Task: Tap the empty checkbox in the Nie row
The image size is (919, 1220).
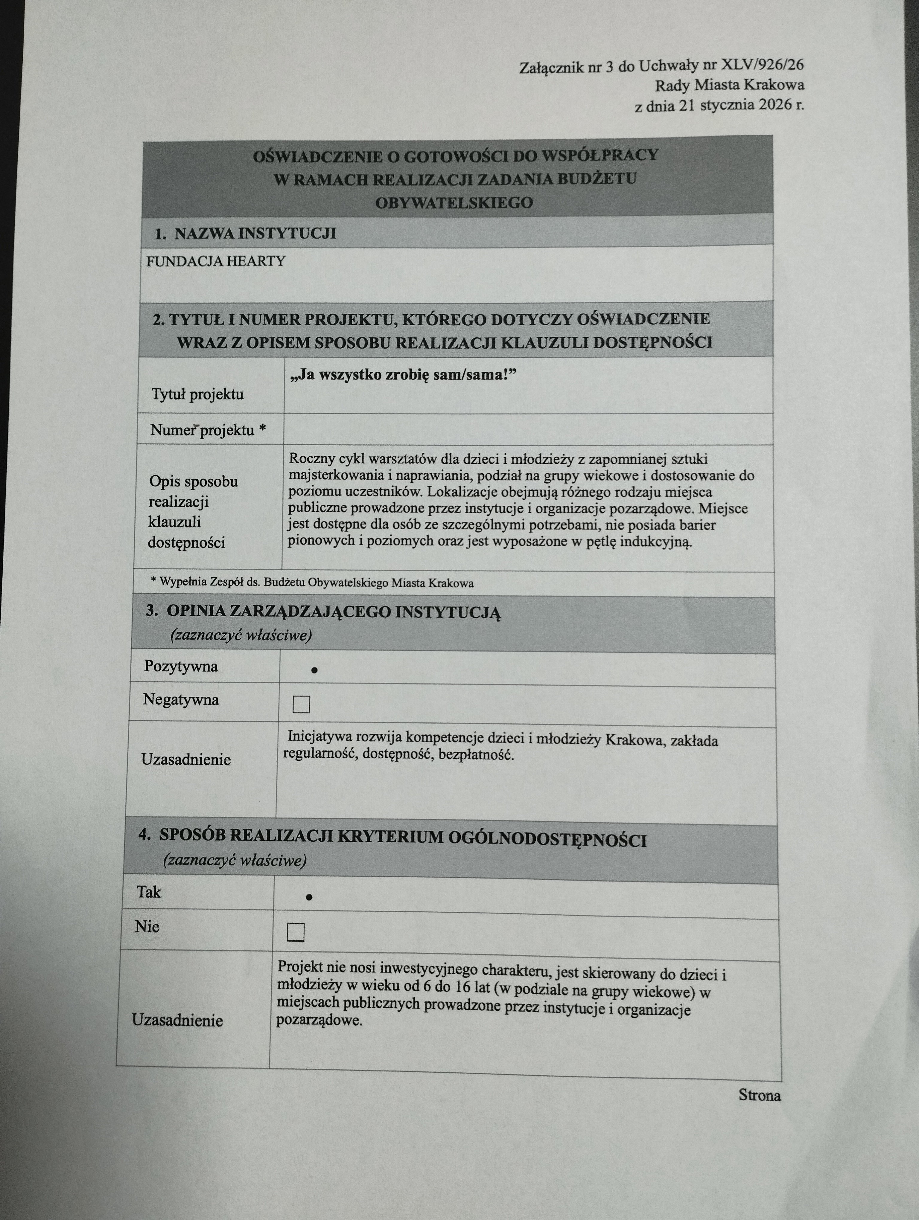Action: pos(296,932)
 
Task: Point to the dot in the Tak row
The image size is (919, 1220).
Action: pos(309,897)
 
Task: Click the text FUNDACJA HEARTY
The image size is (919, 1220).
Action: pos(216,261)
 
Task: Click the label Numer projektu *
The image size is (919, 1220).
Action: pos(208,430)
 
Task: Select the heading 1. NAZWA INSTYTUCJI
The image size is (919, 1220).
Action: pos(245,233)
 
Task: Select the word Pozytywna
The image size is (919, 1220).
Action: pos(181,666)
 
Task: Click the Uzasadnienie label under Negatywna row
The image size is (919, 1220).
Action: pos(186,760)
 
